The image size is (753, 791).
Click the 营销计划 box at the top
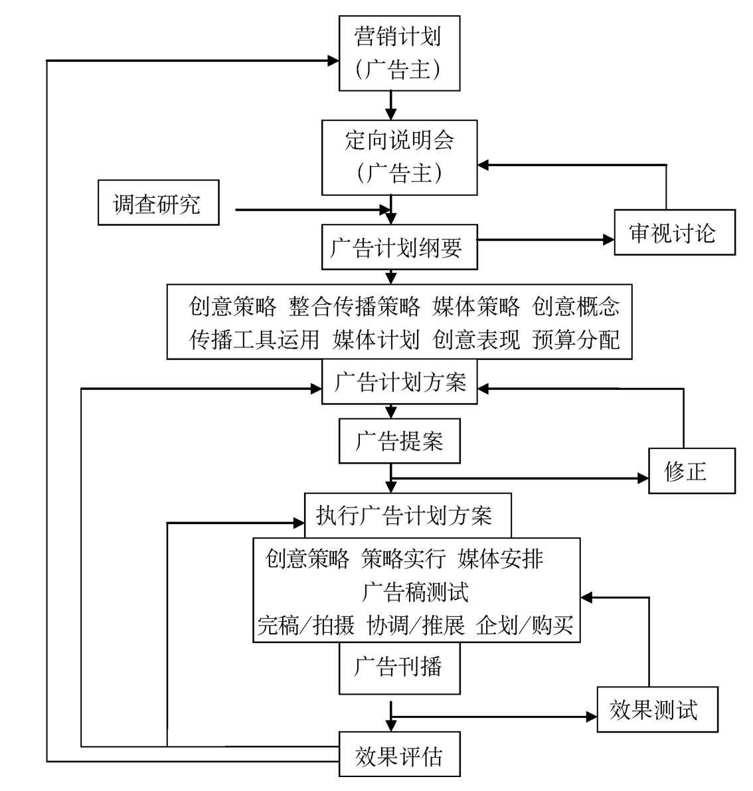point(399,52)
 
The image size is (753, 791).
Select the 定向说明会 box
point(399,157)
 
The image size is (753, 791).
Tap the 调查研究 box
point(158,203)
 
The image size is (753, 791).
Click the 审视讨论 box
point(674,232)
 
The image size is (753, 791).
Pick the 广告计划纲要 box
point(399,248)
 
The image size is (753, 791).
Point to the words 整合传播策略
point(355,306)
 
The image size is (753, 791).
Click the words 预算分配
point(576,339)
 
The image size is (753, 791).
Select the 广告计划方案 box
point(399,383)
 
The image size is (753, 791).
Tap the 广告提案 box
point(399,441)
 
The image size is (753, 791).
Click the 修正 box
point(691,471)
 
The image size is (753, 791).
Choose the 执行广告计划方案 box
point(407,515)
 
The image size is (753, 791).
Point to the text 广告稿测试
point(416,591)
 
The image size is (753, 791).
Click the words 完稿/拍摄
point(306,625)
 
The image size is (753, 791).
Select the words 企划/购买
point(525,625)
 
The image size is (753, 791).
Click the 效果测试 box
point(657,710)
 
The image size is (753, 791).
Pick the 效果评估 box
point(399,755)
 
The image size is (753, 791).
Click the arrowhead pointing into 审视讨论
point(608,240)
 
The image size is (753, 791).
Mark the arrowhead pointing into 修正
point(642,478)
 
